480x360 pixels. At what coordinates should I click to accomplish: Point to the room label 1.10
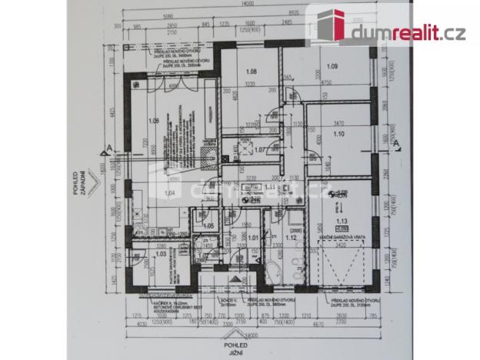pos(339,134)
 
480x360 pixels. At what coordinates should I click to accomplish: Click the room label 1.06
pos(153,121)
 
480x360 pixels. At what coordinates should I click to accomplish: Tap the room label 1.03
pos(161,253)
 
